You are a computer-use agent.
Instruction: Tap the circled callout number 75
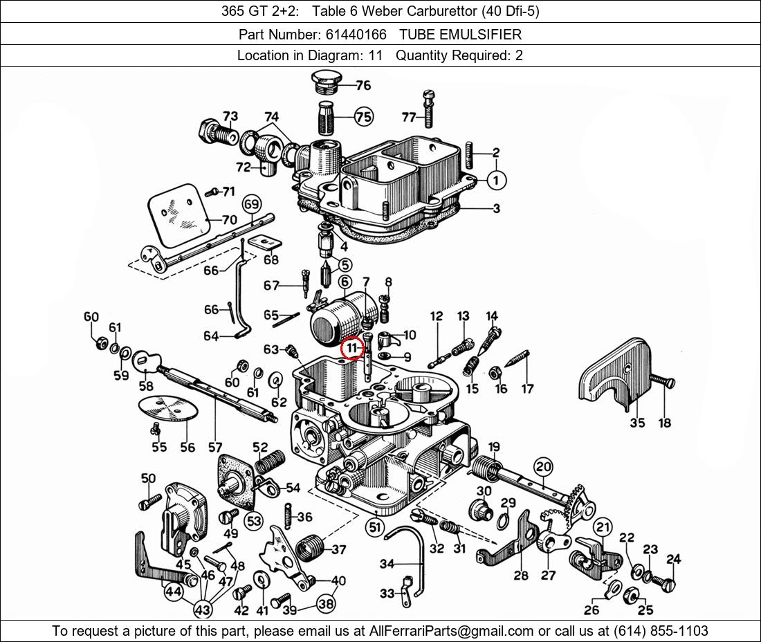pyautogui.click(x=363, y=117)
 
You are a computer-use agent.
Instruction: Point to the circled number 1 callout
pyautogui.click(x=496, y=181)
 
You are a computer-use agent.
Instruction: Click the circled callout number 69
pyautogui.click(x=251, y=204)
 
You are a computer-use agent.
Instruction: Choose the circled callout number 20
pyautogui.click(x=543, y=466)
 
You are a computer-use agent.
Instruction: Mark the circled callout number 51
pyautogui.click(x=375, y=528)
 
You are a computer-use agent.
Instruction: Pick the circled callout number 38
pyautogui.click(x=327, y=603)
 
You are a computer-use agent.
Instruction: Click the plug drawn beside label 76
pyautogui.click(x=324, y=81)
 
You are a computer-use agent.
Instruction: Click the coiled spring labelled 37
pyautogui.click(x=309, y=549)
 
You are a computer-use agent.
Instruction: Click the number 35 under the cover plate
pyautogui.click(x=636, y=423)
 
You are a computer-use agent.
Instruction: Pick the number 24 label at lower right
pyautogui.click(x=673, y=560)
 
